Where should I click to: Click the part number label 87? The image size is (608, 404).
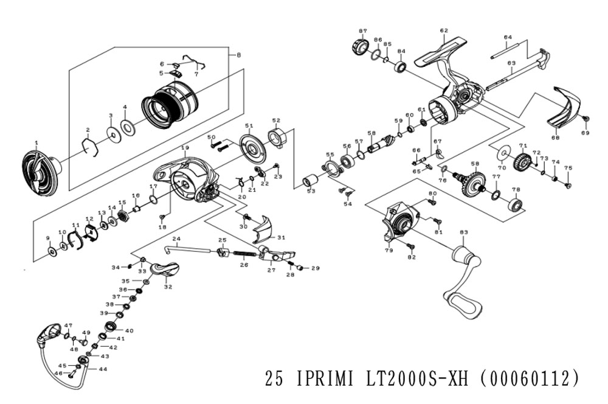[x=363, y=30]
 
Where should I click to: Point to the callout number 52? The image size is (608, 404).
[x=275, y=120]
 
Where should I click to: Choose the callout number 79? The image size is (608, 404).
[x=388, y=249]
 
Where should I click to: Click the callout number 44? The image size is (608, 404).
[x=103, y=369]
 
